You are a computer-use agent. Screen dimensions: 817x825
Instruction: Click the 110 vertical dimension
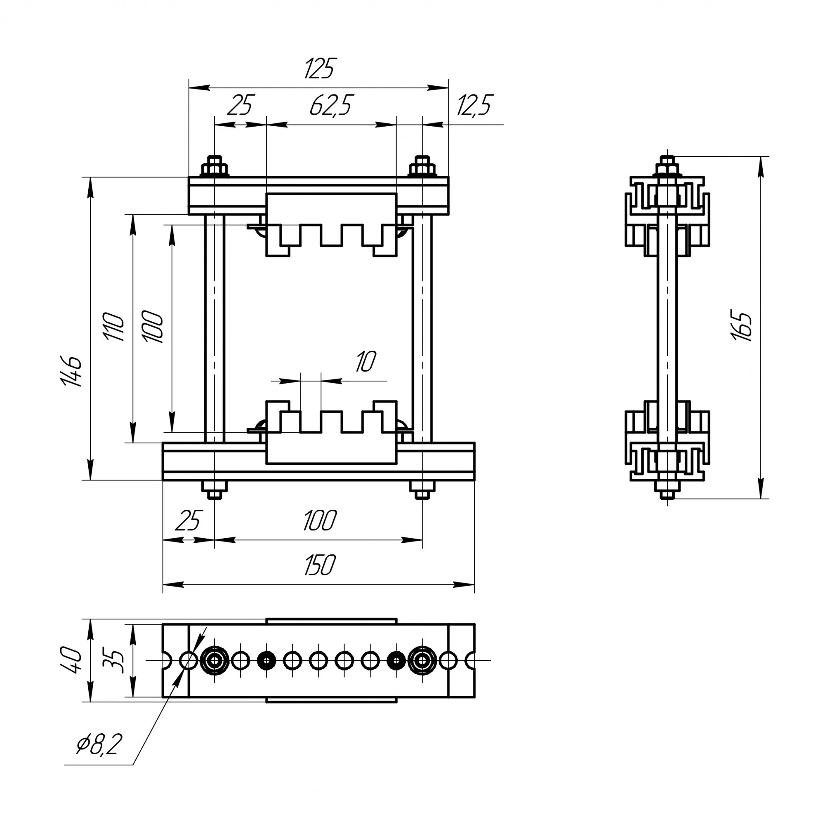(x=114, y=326)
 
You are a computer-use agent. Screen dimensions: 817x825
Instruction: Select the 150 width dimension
(x=320, y=565)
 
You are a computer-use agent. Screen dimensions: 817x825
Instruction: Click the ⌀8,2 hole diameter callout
(x=99, y=744)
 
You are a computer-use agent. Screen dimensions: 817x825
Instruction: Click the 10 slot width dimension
(x=365, y=362)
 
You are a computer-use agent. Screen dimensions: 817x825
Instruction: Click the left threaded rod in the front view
(x=214, y=329)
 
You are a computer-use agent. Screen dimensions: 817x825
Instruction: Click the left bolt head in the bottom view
(x=215, y=660)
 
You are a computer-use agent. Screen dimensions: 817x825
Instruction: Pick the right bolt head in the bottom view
(x=422, y=660)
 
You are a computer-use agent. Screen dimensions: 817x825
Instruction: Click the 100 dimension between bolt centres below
(x=320, y=520)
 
